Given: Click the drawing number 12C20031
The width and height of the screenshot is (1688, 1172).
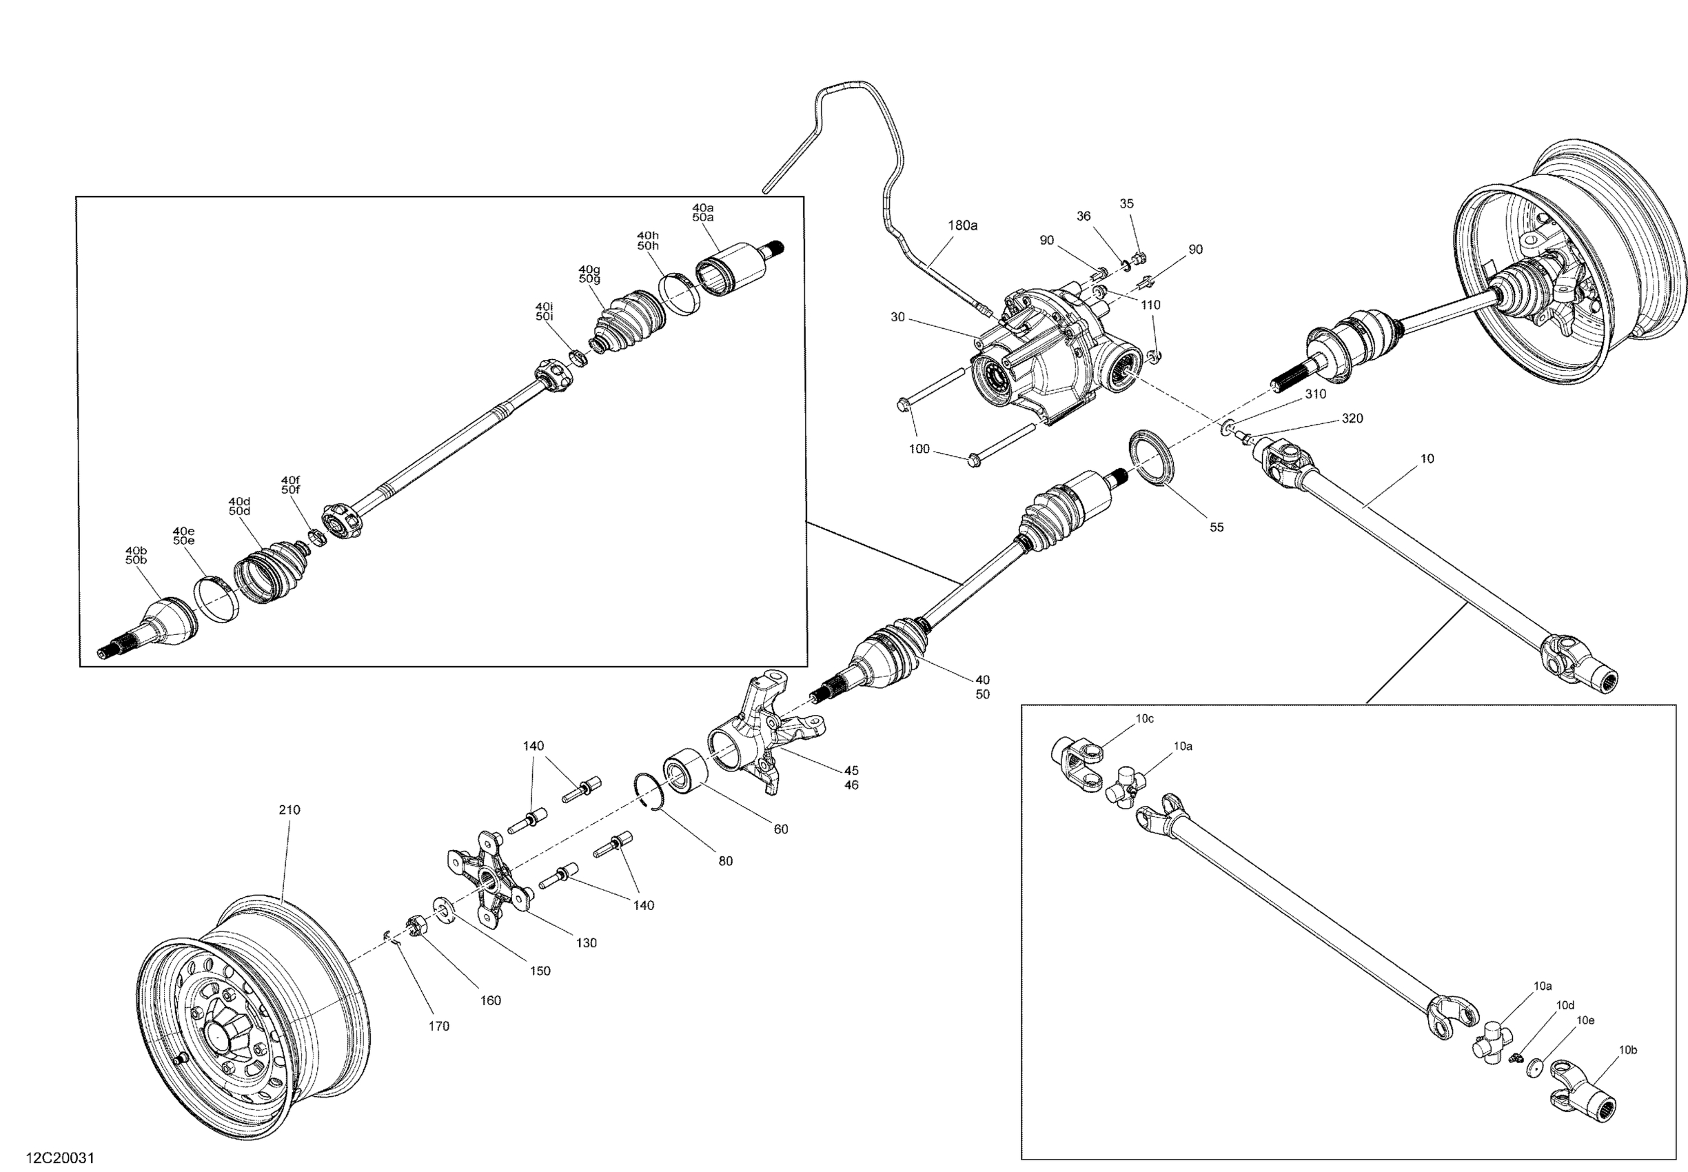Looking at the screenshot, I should pyautogui.click(x=60, y=1158).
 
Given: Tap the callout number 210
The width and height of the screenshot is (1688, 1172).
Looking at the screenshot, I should pyautogui.click(x=289, y=810).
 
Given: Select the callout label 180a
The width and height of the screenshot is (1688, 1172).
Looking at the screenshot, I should pyautogui.click(x=963, y=225).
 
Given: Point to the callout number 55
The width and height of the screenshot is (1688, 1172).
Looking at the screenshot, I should pyautogui.click(x=1217, y=527).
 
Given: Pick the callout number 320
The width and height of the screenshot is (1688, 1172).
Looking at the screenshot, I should pyautogui.click(x=1352, y=418).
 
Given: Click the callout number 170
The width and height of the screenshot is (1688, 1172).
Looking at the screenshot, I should pyautogui.click(x=438, y=1026).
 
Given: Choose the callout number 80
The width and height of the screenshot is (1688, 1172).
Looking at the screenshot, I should pyautogui.click(x=725, y=861).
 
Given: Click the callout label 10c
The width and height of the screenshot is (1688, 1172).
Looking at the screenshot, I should pyautogui.click(x=1145, y=719).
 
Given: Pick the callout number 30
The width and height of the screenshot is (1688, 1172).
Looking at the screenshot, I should pyautogui.click(x=897, y=317).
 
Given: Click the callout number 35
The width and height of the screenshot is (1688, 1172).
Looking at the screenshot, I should pyautogui.click(x=1126, y=203).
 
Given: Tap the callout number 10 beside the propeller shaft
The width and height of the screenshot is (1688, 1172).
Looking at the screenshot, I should pyautogui.click(x=1427, y=459).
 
